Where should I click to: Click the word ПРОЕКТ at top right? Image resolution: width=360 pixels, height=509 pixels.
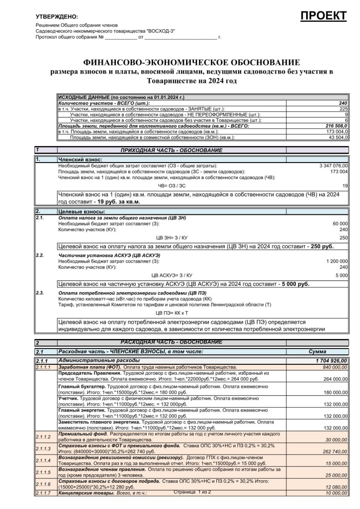pos(324,15)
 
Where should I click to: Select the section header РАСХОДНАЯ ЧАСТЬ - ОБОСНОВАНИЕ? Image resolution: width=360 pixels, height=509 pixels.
pos(172,342)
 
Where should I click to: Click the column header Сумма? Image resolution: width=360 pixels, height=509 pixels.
pos(317,351)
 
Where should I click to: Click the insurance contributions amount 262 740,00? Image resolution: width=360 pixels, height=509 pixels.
pos(333,451)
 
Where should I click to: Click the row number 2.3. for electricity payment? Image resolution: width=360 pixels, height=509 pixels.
pos(40,293)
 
